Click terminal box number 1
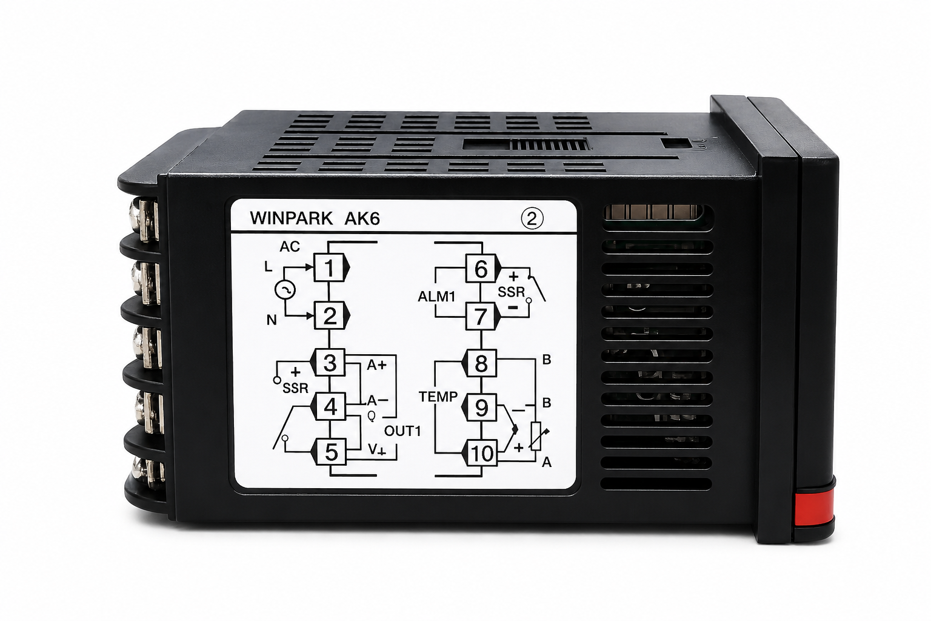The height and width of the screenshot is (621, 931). (329, 267)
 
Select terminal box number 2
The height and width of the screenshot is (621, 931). (330, 316)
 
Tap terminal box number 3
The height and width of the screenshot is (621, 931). (330, 363)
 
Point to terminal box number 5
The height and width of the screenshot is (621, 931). (331, 452)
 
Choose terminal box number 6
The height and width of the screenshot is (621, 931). (481, 268)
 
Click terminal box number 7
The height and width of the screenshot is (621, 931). (481, 316)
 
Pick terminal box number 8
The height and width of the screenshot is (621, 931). (481, 363)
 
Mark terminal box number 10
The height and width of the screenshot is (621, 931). (482, 452)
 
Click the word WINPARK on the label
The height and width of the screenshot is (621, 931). (291, 218)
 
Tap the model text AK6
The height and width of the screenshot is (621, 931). (362, 219)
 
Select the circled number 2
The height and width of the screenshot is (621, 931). (532, 218)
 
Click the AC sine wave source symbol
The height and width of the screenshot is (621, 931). (285, 290)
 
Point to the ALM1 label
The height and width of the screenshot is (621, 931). (436, 297)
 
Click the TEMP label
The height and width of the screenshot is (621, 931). (438, 397)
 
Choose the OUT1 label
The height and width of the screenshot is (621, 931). (402, 431)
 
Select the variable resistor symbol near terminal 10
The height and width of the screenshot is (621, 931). (536, 436)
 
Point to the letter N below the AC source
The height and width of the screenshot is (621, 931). (271, 320)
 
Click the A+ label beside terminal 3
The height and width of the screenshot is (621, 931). (376, 365)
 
